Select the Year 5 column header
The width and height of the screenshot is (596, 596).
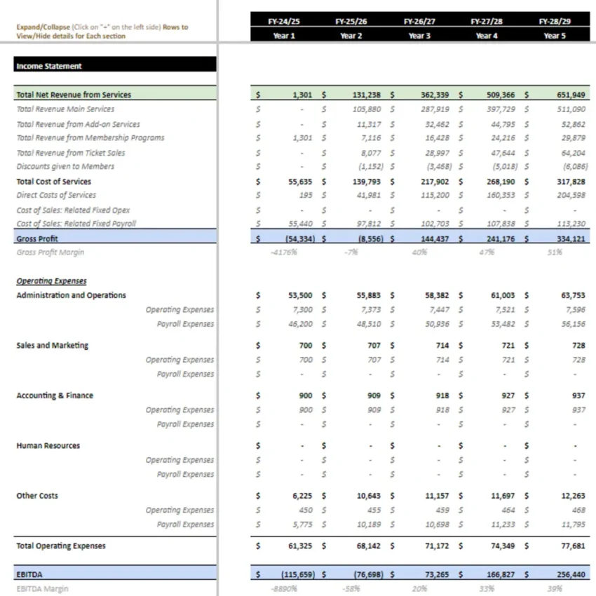554,36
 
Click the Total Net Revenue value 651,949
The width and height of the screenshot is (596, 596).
571,95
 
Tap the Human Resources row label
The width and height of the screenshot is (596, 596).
48,445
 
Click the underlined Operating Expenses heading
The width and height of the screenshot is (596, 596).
51,281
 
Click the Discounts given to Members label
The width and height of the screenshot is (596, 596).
65,166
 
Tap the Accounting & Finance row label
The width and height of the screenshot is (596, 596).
55,395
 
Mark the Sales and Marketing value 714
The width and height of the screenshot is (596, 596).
442,346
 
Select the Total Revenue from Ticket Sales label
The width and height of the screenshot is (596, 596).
71,152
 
